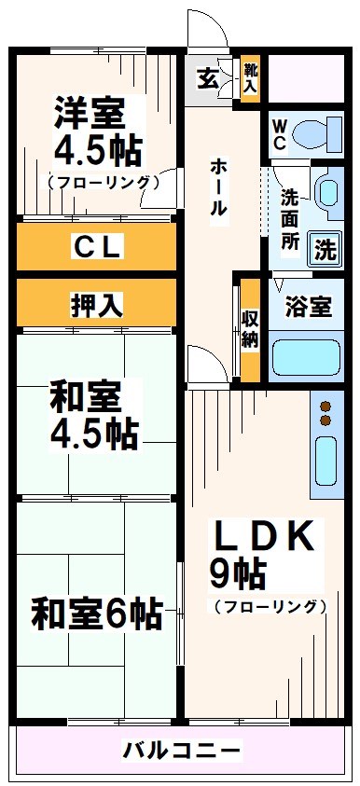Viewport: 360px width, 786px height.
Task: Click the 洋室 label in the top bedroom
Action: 89,115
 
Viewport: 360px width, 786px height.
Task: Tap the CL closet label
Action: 97,247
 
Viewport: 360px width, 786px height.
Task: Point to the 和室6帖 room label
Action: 96,614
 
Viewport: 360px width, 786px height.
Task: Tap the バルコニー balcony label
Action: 183,751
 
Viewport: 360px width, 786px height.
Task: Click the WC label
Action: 279,131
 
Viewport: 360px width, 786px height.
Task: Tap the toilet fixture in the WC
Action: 317,134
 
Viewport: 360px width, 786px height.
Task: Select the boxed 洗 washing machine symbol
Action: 325,250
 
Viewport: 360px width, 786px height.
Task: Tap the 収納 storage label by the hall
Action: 249,327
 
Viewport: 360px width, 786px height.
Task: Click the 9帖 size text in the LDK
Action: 240,570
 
